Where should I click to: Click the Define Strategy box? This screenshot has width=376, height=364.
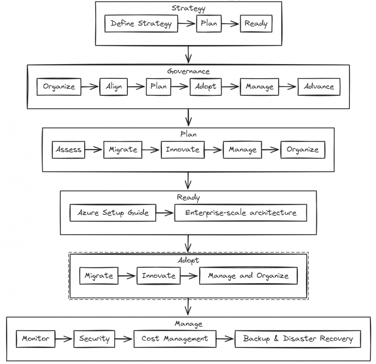point(141,24)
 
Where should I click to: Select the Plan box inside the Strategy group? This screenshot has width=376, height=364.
point(209,24)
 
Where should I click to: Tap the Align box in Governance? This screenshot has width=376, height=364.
point(114,87)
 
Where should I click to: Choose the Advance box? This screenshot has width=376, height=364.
point(319,87)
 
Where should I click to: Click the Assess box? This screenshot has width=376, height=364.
point(69,149)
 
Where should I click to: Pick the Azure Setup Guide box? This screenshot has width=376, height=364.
point(113,213)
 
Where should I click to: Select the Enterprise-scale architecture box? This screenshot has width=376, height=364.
point(241,213)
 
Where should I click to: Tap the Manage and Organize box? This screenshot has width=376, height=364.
point(249,276)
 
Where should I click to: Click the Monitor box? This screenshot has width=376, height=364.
point(36,339)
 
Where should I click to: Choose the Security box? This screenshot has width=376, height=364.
point(94,339)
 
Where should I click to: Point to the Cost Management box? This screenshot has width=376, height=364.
point(175,339)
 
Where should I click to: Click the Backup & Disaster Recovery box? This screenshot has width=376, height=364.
point(298,339)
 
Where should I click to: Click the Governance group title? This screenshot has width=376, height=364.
point(189,71)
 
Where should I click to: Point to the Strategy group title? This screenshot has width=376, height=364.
point(189,9)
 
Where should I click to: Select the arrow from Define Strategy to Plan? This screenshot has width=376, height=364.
point(187,24)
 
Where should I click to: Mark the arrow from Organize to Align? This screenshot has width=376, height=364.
point(90,87)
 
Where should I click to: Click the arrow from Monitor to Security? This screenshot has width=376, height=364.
point(64,339)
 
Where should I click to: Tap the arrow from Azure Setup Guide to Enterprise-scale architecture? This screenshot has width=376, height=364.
point(165,213)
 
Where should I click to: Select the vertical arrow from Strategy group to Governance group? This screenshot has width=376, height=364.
point(189,55)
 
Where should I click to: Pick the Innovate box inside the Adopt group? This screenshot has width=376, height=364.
point(159,276)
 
